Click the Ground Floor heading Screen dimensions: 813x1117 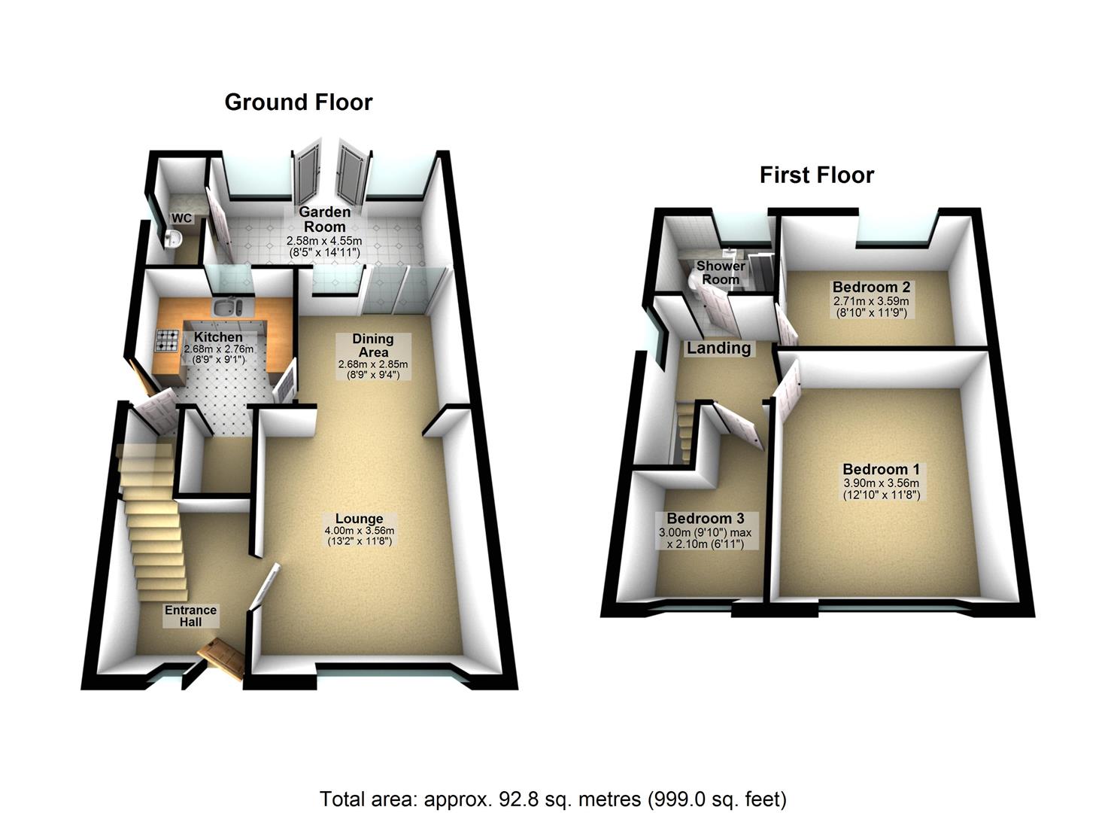[x=298, y=102]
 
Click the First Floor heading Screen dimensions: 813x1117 [x=816, y=175]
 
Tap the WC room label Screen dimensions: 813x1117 [x=182, y=218]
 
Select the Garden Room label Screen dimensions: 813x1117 [x=325, y=219]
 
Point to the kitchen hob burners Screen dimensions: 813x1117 [x=165, y=341]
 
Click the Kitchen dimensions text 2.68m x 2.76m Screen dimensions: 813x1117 [x=219, y=349]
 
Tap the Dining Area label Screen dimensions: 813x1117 [x=373, y=346]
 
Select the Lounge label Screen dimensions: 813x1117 [x=360, y=519]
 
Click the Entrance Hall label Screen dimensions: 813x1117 [x=191, y=616]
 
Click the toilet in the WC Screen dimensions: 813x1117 [x=173, y=239]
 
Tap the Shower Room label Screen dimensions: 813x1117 [x=721, y=273]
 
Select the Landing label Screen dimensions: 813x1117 [x=718, y=348]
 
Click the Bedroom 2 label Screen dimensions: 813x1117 [x=871, y=287]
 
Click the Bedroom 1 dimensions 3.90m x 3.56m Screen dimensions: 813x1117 [x=881, y=483]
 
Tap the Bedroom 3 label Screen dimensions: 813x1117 [x=705, y=519]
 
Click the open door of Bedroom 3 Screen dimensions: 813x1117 [x=737, y=425]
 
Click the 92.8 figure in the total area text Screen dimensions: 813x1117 [x=516, y=799]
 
